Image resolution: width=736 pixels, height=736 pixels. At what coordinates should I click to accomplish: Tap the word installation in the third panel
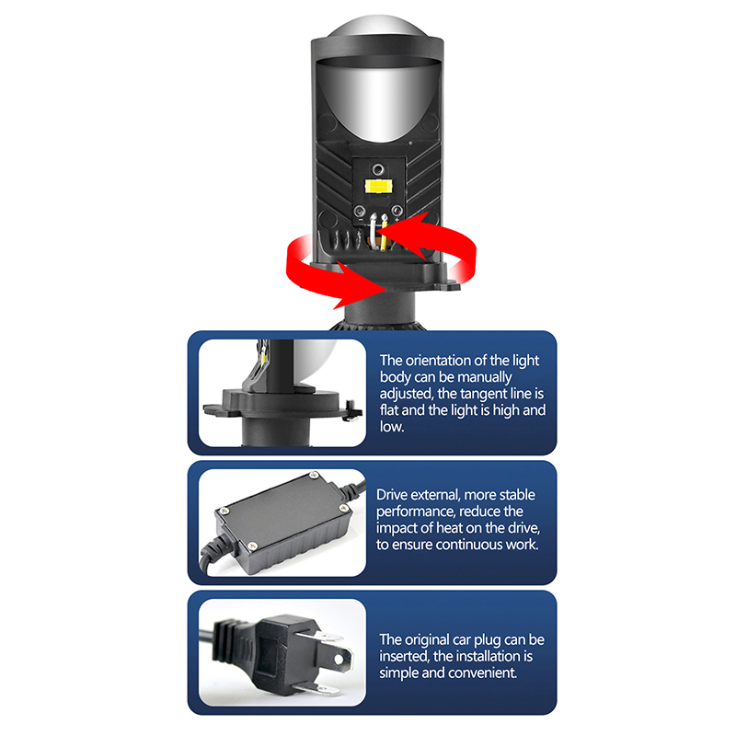[481, 656]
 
